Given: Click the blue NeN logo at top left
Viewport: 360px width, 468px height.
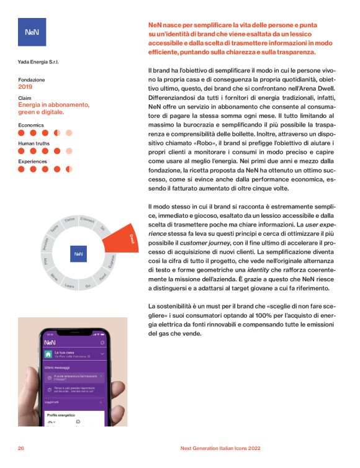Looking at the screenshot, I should (32, 32).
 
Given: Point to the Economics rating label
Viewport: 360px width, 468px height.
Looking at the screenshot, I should (30, 125).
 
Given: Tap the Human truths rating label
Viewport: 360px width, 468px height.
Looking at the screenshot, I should (34, 143).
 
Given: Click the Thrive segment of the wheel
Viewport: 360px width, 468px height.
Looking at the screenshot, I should (70, 220).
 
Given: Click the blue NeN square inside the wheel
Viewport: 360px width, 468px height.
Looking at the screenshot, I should (79, 253).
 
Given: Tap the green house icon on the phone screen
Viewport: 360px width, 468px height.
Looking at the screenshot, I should (48, 354).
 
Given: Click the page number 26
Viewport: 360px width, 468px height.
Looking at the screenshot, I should (21, 448).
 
